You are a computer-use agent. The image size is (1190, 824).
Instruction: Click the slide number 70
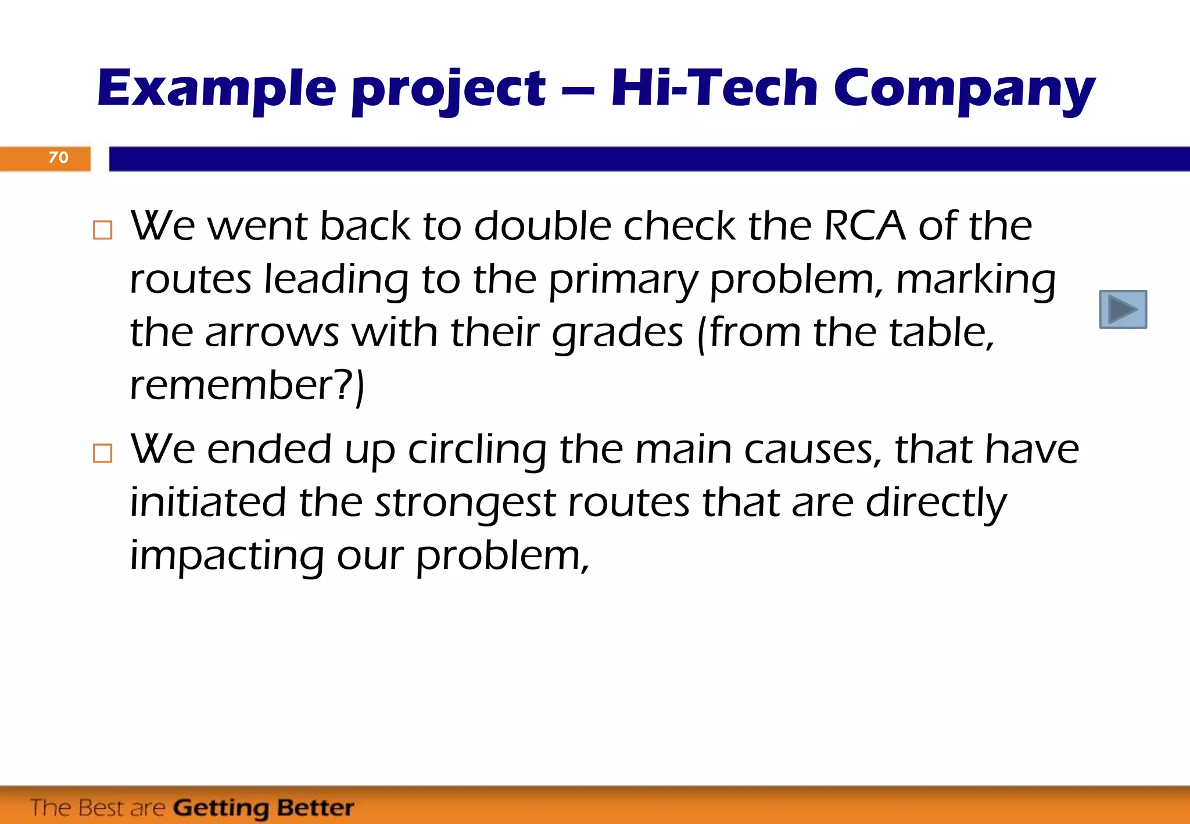coord(58,157)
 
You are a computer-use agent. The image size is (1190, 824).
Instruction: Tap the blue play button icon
coord(1123,309)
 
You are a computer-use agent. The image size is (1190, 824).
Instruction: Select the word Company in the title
coord(964,91)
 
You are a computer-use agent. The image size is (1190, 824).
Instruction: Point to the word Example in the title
coord(217,89)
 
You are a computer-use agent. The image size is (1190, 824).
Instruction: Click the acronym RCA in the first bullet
coord(865,225)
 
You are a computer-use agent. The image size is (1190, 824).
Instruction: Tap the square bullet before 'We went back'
coord(103,230)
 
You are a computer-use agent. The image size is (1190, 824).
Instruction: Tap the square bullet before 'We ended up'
coord(103,453)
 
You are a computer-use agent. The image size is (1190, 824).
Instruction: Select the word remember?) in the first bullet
coord(247,386)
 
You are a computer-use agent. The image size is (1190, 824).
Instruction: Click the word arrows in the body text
coord(272,334)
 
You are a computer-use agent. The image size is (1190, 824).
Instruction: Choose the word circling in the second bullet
coord(477,451)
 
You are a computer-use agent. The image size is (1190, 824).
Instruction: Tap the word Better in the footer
coord(316,808)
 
